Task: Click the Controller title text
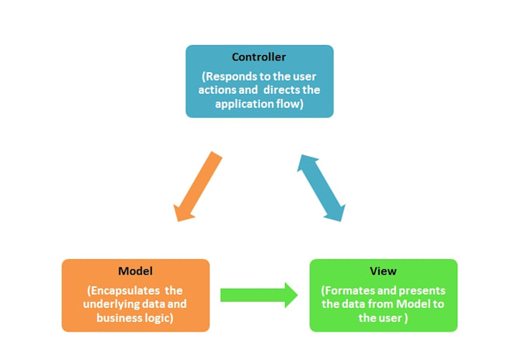point(259,57)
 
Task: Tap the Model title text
point(135,271)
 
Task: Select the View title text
point(384,271)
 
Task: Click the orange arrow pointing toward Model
point(198,186)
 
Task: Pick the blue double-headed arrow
point(321,188)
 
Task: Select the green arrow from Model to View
point(259,295)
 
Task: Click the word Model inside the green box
point(413,304)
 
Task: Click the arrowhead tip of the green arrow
point(298,295)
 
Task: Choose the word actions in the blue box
point(214,90)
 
